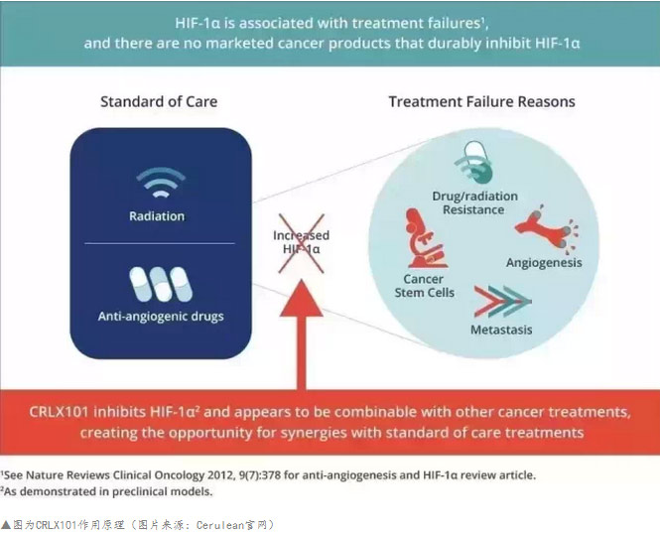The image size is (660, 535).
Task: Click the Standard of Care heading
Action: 159,102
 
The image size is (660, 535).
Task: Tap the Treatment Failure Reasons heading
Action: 481,102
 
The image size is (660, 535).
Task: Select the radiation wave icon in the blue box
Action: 161,183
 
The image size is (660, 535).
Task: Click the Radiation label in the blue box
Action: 157,216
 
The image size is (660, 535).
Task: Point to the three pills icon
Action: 161,285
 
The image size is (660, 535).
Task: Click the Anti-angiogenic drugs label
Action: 161,316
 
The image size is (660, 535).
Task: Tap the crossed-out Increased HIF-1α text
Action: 302,242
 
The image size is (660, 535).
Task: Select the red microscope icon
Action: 425,238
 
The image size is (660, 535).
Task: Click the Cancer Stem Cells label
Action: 425,286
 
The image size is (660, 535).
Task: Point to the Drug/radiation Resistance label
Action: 474,202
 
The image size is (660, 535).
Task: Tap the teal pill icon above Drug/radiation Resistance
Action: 474,163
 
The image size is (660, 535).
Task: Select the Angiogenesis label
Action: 544,263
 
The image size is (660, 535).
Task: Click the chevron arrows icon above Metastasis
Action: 502,302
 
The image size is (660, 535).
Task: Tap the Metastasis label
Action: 501,330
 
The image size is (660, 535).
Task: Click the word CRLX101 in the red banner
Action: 59,412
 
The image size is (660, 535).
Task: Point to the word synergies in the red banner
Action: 325,433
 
